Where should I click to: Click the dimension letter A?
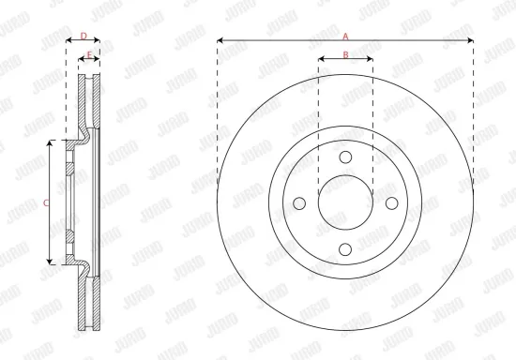coord(345,35)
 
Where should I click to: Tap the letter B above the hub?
coord(345,54)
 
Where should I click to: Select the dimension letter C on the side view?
coord(47,200)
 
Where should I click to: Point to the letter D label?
coord(83,36)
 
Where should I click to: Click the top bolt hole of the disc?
coord(345,157)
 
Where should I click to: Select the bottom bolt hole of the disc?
coord(345,247)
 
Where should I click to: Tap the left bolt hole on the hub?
coord(300,202)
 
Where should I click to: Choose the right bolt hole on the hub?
coord(390,202)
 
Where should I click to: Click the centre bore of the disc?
coord(345,202)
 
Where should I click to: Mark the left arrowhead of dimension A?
coord(220,40)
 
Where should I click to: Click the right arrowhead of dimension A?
coord(471,40)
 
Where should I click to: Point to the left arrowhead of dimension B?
coord(321,60)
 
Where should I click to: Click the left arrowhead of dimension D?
coord(68,41)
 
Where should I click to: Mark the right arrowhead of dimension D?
coord(99,41)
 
